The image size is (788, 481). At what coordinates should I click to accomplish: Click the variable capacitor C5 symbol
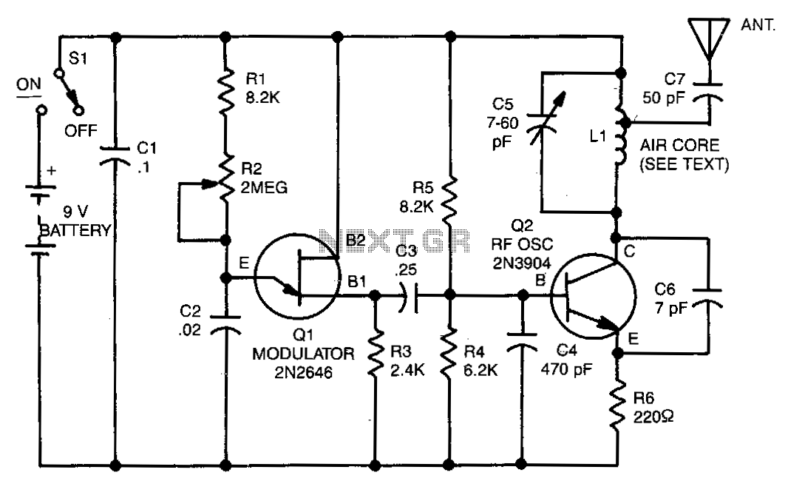coord(543,120)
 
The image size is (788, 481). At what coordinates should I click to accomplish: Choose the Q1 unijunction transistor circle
coord(297,276)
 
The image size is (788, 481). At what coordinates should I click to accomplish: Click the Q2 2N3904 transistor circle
coord(593,296)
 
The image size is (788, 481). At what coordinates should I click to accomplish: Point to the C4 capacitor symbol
coord(522,340)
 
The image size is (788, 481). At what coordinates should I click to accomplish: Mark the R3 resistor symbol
coord(375,354)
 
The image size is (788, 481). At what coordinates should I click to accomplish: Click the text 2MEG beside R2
coord(264,188)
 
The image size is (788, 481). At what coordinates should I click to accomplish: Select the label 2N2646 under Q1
coord(303,372)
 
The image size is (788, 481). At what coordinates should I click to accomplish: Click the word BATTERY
coord(75,230)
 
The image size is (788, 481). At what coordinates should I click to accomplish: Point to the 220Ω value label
coord(653,417)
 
